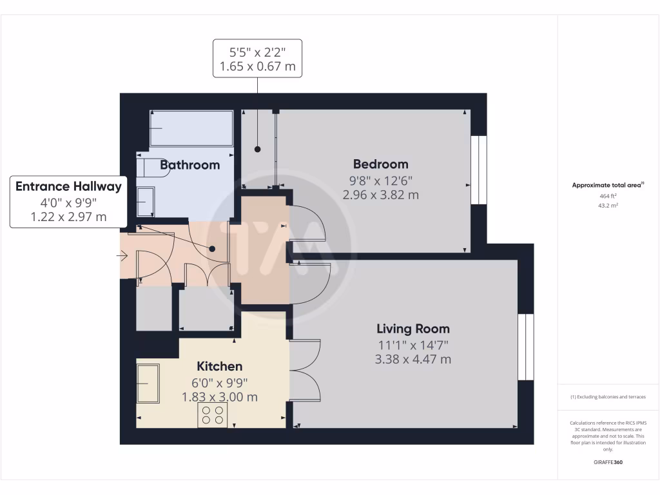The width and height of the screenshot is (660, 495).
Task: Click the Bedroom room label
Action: (380, 164)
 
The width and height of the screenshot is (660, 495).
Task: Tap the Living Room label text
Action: (413, 329)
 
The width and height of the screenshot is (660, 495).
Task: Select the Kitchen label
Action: (220, 366)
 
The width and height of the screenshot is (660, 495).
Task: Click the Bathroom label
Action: (190, 165)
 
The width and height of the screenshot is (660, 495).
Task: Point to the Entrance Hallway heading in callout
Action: (68, 187)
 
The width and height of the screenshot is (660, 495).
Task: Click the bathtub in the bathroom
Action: (191, 128)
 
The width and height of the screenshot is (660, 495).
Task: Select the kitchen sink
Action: (148, 383)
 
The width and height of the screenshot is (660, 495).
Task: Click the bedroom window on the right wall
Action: (479, 170)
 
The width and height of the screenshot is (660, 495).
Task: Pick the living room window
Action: (527, 347)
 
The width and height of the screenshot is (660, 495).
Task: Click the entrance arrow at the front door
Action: (122, 257)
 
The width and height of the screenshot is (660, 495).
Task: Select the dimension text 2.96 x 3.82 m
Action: (380, 194)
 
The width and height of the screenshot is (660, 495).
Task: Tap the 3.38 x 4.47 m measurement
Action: (413, 359)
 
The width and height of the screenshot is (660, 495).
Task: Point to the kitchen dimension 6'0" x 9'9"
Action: (220, 382)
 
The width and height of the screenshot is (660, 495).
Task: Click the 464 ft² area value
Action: (608, 195)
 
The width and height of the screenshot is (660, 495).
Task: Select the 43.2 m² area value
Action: (608, 205)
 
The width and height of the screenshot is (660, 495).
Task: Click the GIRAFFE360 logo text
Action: (608, 462)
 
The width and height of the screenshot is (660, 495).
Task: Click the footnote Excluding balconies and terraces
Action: (608, 397)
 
